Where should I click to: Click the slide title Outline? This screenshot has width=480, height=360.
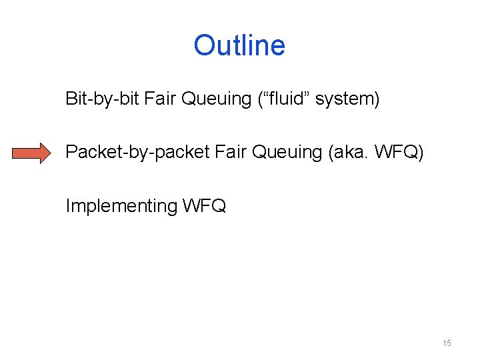pos(239,45)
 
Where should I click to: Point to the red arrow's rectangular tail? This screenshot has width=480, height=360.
pos(23,153)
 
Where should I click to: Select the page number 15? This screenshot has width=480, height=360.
pos(447,343)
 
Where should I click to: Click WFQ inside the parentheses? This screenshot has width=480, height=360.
pos(397,153)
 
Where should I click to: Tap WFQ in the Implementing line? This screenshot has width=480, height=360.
pos(204,206)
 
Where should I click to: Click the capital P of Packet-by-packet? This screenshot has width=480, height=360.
pos(71,153)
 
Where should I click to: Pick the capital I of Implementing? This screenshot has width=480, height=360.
pos(67,206)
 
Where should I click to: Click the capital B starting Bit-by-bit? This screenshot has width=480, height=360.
pos(71,99)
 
